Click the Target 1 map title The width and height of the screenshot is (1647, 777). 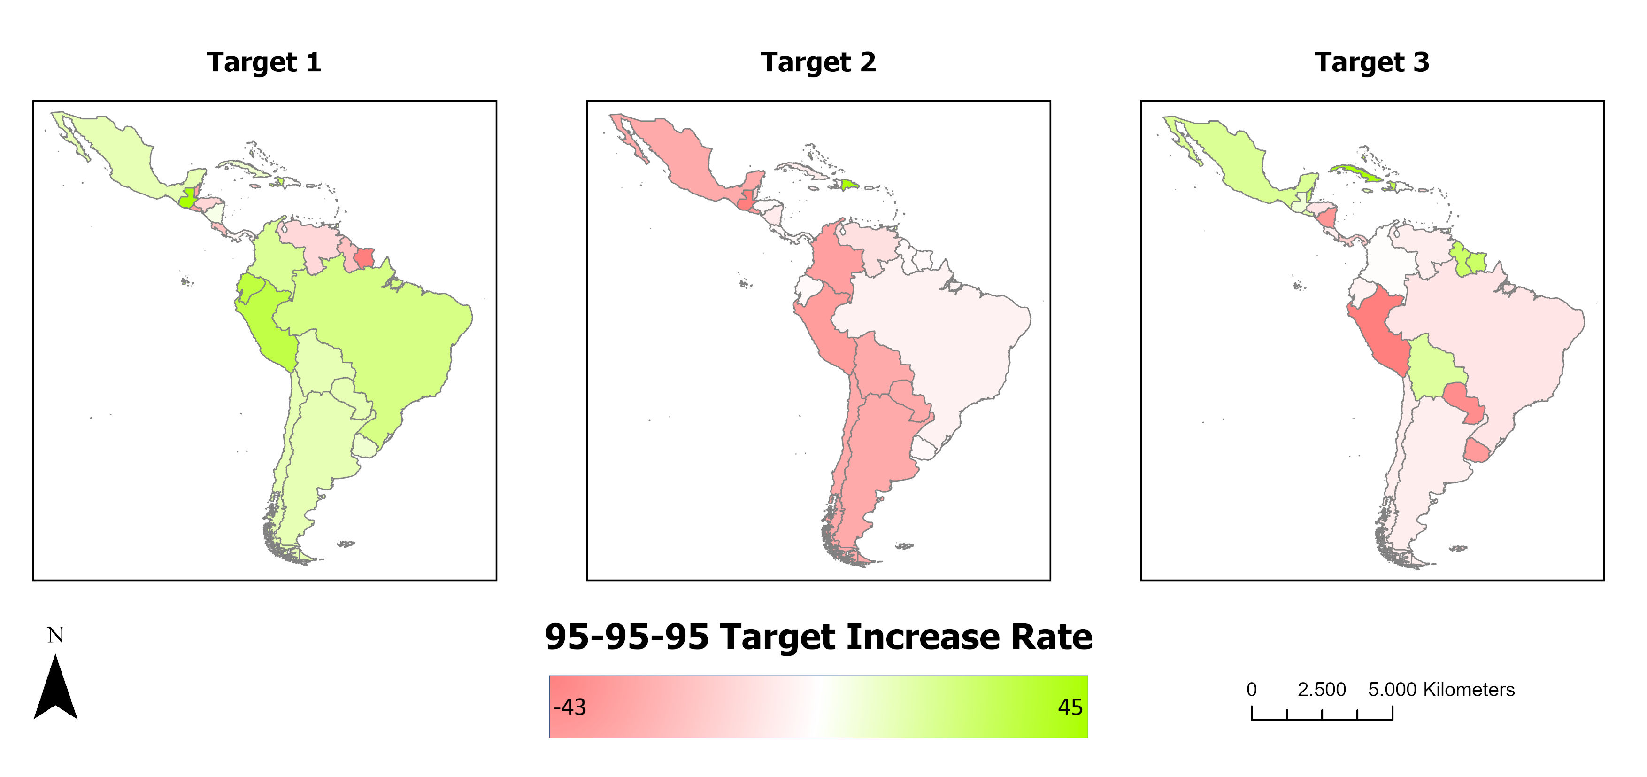point(264,62)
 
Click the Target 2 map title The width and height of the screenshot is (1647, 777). point(818,62)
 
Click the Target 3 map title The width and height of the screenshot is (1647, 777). point(1372,62)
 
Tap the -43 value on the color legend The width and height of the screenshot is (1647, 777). point(570,707)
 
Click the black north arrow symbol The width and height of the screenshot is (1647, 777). point(55,686)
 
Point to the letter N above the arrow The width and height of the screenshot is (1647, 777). point(55,635)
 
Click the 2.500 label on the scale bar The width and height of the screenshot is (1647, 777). point(1322,689)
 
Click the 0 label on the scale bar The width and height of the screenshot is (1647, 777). point(1252,689)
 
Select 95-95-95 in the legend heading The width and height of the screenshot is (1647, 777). point(627,637)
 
